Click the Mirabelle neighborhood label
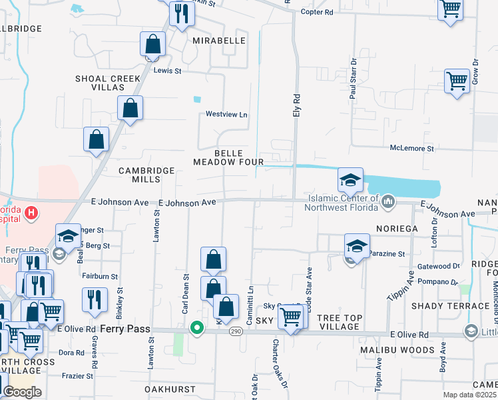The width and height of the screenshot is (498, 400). coord(219,41)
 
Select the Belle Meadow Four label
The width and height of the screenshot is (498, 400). coord(228,157)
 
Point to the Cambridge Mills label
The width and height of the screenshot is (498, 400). coord(146,175)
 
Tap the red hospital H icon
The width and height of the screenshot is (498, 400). coord(31,213)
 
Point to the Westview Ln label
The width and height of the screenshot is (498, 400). coord(226,115)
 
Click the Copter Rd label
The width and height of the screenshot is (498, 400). coord(317,13)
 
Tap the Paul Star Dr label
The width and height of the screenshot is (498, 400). coord(354,83)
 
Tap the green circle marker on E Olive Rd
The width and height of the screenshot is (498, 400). coord(196,328)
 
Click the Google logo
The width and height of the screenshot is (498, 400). coord(22,391)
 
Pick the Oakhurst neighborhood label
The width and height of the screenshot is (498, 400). coord(170,389)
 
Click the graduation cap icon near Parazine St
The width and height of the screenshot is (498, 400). coord(357,245)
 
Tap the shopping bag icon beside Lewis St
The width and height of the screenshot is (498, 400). coord(153,45)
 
